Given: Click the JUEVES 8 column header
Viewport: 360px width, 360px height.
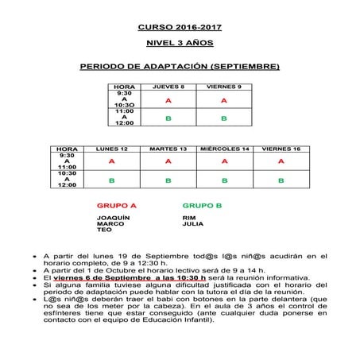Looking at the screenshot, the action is (x=168, y=85).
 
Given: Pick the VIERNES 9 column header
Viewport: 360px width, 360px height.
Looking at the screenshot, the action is (x=224, y=85).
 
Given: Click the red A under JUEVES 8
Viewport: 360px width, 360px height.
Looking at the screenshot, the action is (x=168, y=101).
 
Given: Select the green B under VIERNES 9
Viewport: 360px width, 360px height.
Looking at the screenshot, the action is (x=224, y=118).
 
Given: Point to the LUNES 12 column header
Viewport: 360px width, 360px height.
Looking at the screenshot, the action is (x=112, y=149).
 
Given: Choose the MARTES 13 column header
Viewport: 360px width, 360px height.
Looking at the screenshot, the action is (x=168, y=149).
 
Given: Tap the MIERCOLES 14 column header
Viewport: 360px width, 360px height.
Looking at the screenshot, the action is (x=224, y=149).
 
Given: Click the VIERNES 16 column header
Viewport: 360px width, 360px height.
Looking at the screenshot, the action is (x=281, y=149).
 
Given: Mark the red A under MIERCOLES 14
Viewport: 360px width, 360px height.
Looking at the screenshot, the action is (x=224, y=161).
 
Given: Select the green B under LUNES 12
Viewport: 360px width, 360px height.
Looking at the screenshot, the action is (x=112, y=180).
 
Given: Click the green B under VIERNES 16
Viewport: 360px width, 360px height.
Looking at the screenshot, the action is (x=281, y=180).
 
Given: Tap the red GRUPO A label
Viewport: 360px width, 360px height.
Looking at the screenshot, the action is (x=117, y=205).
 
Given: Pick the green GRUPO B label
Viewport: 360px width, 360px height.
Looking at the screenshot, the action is (x=202, y=205).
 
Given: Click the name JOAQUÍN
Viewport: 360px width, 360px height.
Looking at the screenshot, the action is (x=112, y=217).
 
